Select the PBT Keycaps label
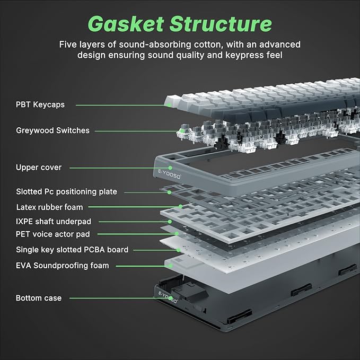[40, 104]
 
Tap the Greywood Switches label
[52, 130]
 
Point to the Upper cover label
[39, 168]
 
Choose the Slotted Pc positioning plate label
[66, 191]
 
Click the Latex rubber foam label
[49, 207]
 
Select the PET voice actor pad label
[52, 234]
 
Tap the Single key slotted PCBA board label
[72, 249]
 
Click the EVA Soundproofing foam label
[62, 265]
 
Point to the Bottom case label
[39, 298]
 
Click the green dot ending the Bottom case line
[171, 298]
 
